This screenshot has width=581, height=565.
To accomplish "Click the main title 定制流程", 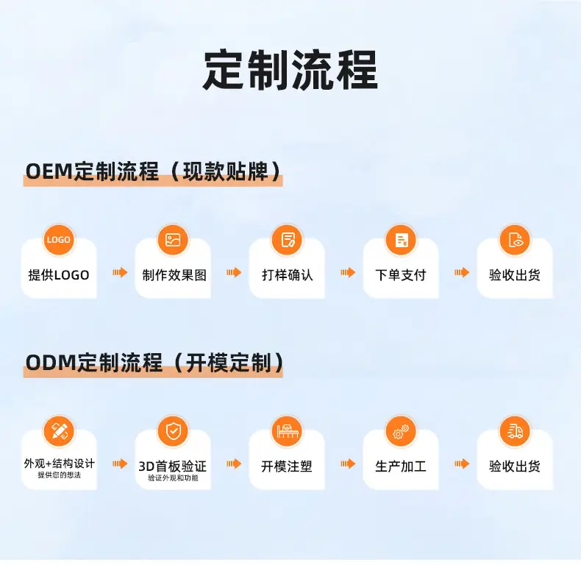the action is (290, 70).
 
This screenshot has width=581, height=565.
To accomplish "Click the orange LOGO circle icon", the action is (59, 240).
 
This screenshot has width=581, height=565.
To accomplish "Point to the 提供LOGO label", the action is (59, 275).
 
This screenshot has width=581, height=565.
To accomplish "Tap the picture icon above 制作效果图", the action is (173, 240).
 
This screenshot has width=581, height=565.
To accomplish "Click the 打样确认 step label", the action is (287, 275).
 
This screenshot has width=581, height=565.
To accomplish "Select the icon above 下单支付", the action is (402, 240).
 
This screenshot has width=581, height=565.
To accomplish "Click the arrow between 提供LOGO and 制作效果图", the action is (120, 272).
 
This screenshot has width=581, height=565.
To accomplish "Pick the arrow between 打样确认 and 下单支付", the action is (348, 272).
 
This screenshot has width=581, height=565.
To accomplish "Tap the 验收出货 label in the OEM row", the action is (515, 275).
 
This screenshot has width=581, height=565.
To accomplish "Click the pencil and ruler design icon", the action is (59, 431).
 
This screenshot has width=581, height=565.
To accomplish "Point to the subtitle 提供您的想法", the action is (60, 475).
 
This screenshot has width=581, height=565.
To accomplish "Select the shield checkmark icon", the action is (173, 431).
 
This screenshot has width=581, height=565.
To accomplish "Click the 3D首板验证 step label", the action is (173, 466).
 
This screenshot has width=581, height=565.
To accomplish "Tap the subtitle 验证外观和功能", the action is (173, 478).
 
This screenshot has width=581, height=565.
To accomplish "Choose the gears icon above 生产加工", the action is (402, 431).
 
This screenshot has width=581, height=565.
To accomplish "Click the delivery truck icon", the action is (515, 431).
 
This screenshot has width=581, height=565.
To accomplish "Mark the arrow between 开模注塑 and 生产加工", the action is (348, 463).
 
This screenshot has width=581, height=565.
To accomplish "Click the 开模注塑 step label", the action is (287, 466).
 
